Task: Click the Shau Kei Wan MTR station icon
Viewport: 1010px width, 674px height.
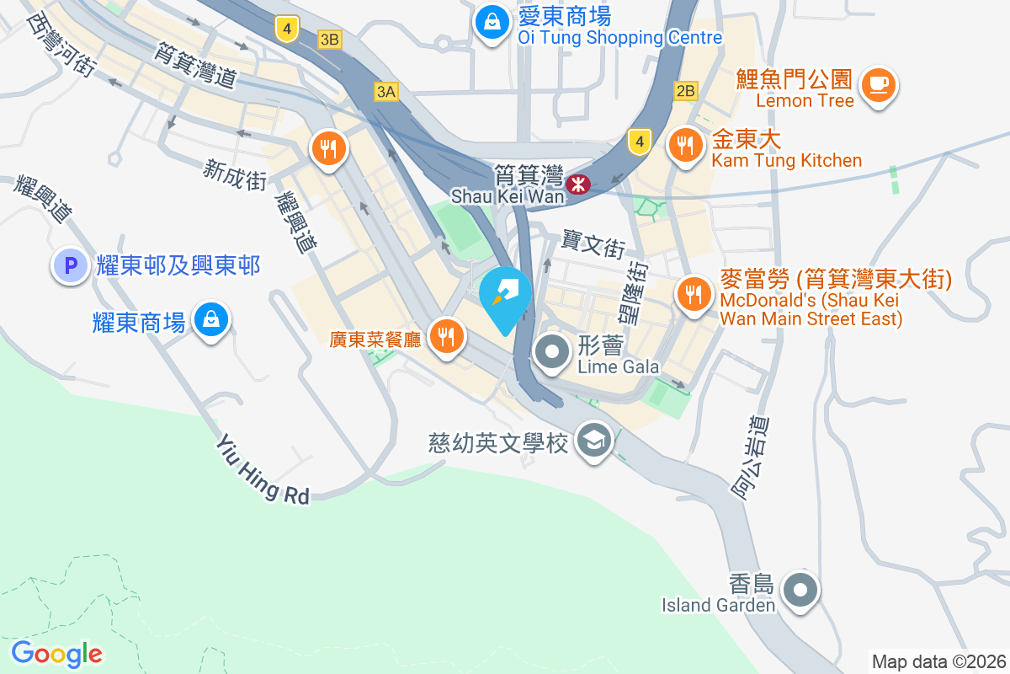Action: coord(579,184)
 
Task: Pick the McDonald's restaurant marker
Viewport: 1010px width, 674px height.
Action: coord(693,294)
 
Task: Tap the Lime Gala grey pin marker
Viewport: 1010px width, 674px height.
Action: coord(553,352)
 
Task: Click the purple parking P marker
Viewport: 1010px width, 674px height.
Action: coord(71,266)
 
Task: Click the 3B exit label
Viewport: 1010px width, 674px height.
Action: coord(329,39)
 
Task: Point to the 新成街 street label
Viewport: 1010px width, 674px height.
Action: coord(235,174)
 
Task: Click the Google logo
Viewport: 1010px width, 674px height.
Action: coord(56,654)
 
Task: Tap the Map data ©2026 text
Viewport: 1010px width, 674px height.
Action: coord(938,661)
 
